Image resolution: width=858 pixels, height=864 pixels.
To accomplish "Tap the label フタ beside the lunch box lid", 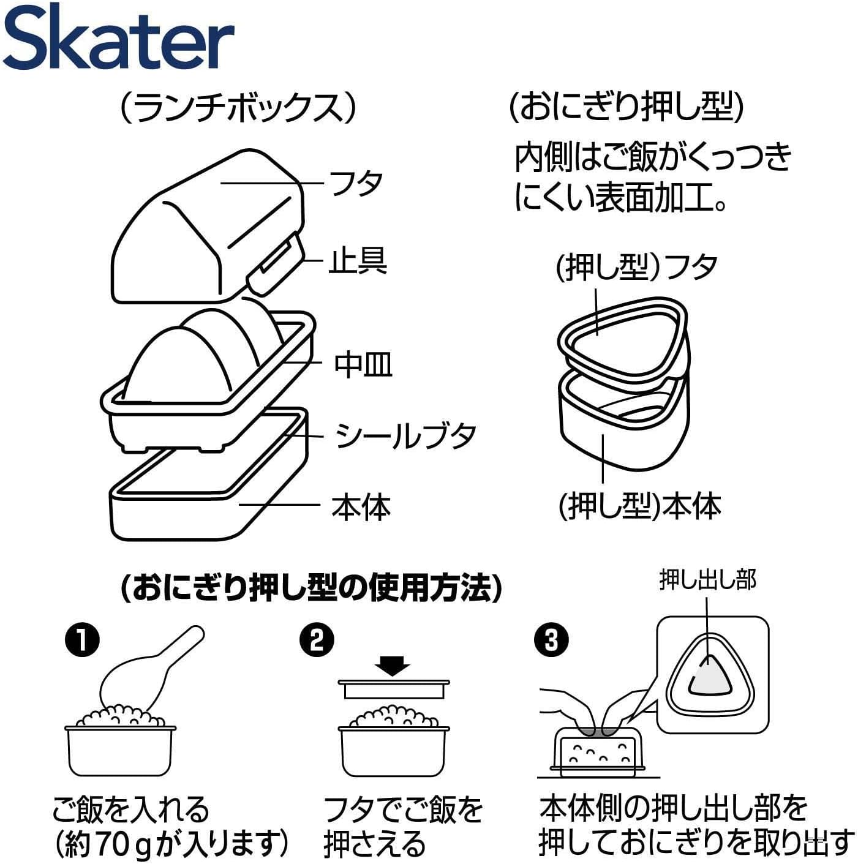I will (356, 183).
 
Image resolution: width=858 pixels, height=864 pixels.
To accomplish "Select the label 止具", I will (358, 261).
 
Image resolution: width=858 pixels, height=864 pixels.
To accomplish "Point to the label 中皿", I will (363, 364).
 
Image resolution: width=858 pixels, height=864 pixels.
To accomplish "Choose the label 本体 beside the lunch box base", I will (361, 507).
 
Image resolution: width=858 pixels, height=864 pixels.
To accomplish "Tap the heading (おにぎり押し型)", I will (626, 108).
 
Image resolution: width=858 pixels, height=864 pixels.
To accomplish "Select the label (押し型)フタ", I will (636, 267).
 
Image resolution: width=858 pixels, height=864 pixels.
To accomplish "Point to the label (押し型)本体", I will (639, 506).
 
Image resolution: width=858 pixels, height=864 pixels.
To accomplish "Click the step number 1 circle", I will (82, 640).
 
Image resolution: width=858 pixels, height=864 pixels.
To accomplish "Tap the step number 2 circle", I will (317, 640).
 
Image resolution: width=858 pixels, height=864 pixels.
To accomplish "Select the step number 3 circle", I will (551, 640).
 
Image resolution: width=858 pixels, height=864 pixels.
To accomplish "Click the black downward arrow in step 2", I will (393, 665).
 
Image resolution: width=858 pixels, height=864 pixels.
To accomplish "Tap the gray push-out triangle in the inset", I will (710, 677).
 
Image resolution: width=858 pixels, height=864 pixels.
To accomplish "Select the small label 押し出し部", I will (707, 579).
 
